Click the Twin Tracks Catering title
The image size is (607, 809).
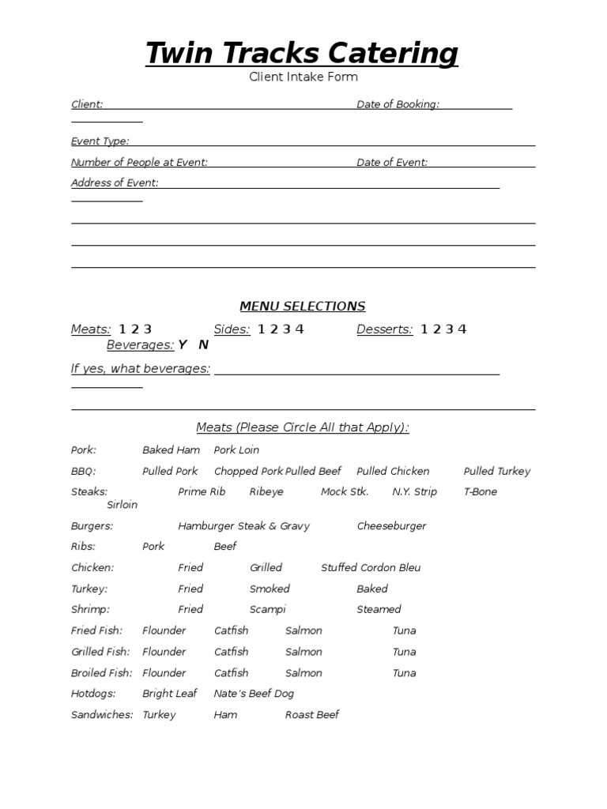coord(302,54)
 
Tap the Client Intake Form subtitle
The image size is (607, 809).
coord(303,77)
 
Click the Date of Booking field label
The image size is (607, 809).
coord(398,104)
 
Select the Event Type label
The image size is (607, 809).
coord(100,141)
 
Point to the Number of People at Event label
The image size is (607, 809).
coord(139,162)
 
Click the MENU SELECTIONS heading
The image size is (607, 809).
coord(303,306)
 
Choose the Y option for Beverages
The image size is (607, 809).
coord(183,344)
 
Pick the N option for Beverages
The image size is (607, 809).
coord(203,344)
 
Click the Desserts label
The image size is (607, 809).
coord(384,329)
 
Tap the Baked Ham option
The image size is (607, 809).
coord(171,450)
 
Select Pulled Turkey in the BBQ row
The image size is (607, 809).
coord(497,471)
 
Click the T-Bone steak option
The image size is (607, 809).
coord(481,491)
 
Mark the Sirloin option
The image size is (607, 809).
coord(122,504)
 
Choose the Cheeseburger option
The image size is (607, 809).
coord(391,525)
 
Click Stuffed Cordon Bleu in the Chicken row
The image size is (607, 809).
coord(371,567)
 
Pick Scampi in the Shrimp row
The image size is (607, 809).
coord(268,609)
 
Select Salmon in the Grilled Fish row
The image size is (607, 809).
coord(303,652)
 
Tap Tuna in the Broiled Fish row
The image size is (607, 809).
coord(404,673)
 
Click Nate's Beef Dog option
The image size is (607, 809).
coord(254,693)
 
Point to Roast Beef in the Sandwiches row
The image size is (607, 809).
coord(312,714)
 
